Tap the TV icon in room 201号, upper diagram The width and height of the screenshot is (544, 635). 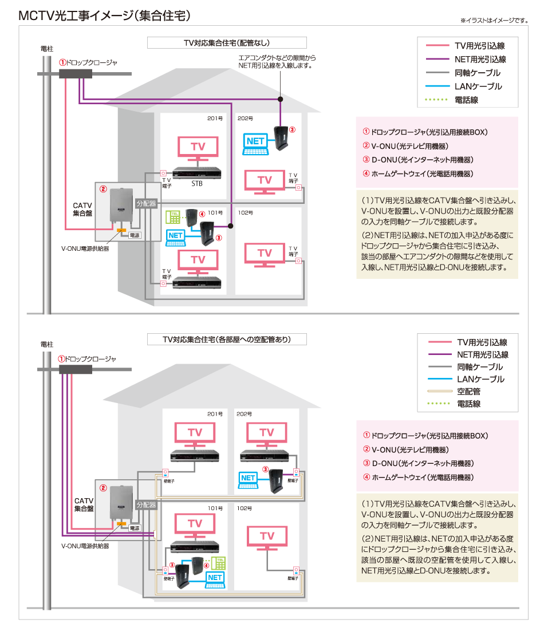198,148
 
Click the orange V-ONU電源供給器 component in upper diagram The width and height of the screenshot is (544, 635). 121,230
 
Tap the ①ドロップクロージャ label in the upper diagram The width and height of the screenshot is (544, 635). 88,62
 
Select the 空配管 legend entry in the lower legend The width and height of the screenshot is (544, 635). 467,392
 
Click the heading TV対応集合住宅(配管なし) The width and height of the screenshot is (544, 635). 227,43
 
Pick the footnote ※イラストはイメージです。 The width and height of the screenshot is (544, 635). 494,21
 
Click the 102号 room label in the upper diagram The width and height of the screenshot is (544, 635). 245,212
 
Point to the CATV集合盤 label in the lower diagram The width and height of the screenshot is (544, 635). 84,504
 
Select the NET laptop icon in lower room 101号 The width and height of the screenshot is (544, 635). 215,579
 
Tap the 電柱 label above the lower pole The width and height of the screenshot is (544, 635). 47,345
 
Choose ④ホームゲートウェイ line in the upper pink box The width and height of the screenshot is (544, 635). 418,173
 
